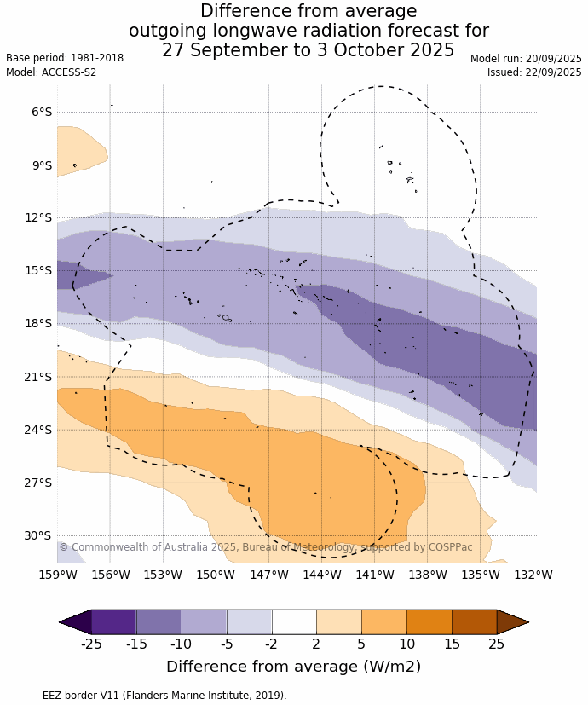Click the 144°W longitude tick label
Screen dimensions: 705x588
(x=322, y=575)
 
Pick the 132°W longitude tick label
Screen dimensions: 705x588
(x=534, y=575)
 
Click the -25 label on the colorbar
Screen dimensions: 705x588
(x=91, y=644)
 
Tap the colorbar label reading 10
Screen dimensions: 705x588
(x=406, y=644)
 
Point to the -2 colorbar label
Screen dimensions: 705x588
(x=271, y=644)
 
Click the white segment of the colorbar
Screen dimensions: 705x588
(x=294, y=621)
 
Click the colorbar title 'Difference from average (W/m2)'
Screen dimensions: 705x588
(x=293, y=667)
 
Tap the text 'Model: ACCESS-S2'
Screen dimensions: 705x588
(x=51, y=72)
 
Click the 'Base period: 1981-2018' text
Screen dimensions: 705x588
(x=65, y=58)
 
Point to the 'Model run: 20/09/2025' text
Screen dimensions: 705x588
(x=526, y=58)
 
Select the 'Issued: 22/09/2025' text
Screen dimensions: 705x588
(x=534, y=72)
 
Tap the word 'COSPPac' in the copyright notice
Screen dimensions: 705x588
(x=448, y=547)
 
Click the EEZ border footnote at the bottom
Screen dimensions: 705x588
(x=146, y=696)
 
